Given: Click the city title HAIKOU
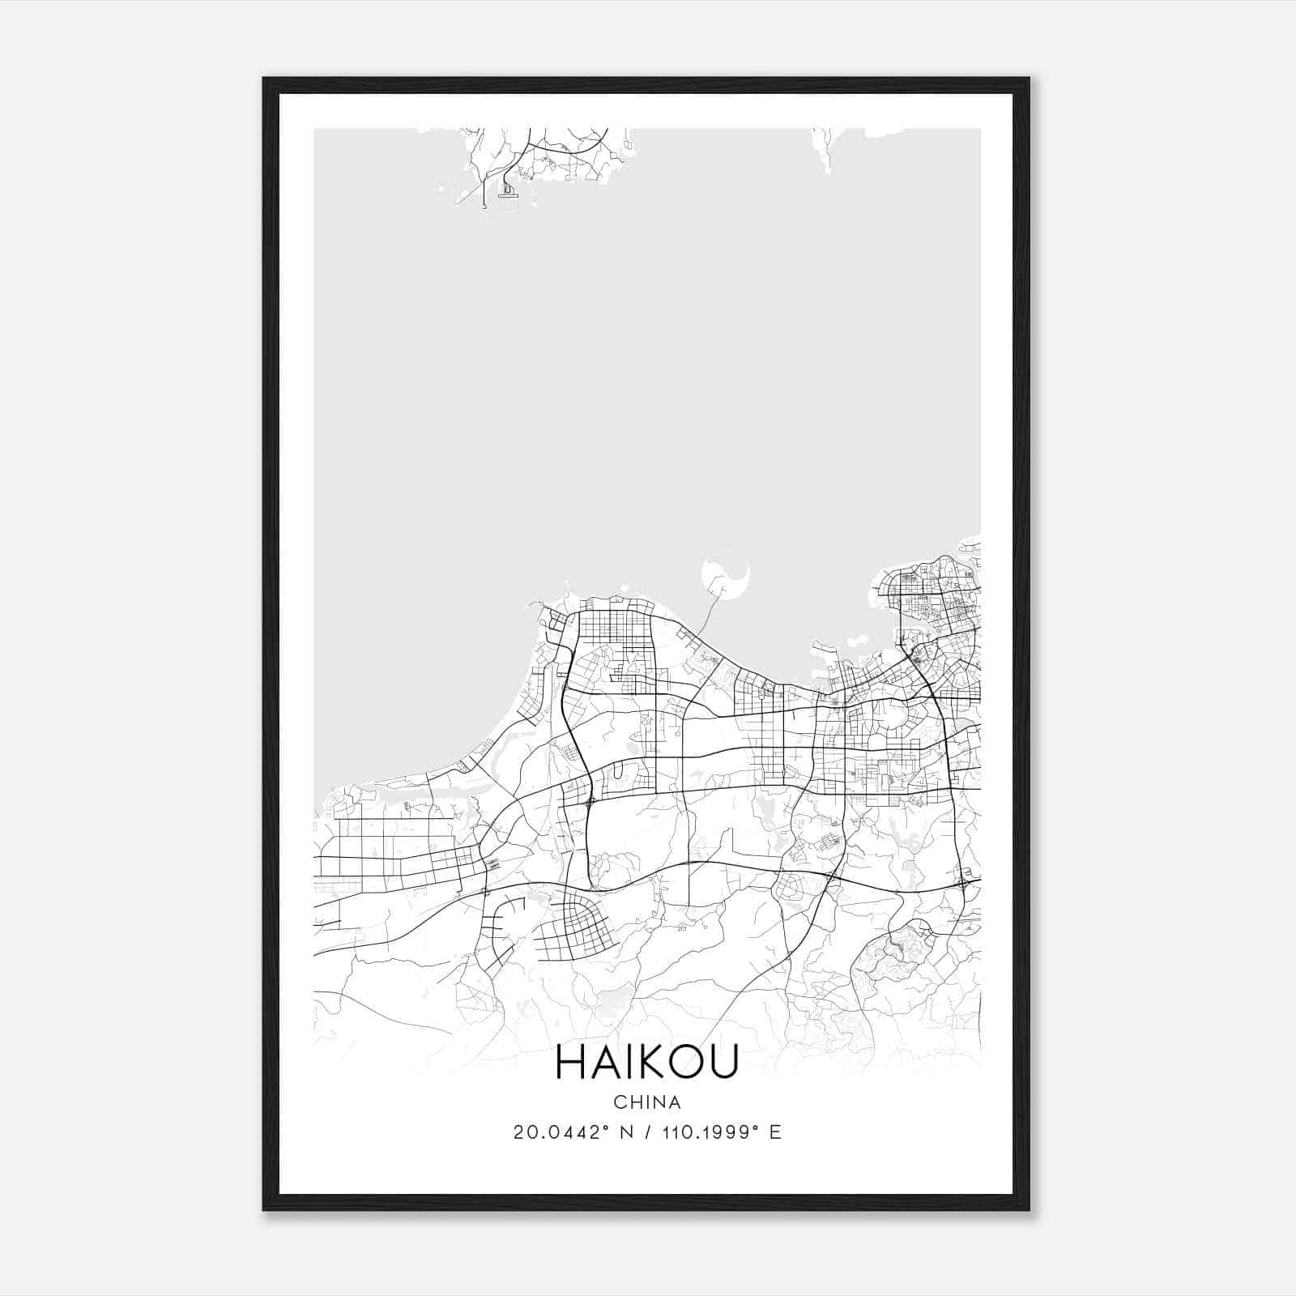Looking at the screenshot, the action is pyautogui.click(x=647, y=1063).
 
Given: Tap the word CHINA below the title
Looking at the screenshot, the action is pyautogui.click(x=647, y=1102).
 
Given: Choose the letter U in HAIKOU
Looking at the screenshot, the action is pyautogui.click(x=724, y=1063).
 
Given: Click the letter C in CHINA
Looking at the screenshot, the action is pyautogui.click(x=620, y=1102).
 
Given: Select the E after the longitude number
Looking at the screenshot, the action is pyautogui.click(x=775, y=1132).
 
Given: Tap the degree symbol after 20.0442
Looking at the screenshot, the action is pyautogui.click(x=606, y=1128).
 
